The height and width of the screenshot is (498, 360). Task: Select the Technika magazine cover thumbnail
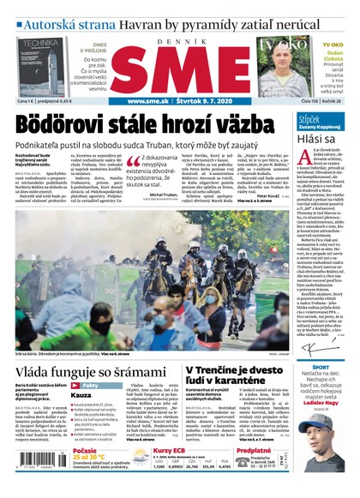coord(39,66)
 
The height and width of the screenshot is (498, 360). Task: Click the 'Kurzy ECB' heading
coord(170,451)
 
